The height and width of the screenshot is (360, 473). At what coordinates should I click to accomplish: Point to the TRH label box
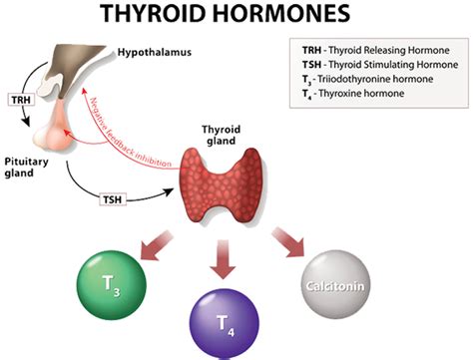21,101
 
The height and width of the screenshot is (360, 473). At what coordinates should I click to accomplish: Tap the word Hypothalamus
156,51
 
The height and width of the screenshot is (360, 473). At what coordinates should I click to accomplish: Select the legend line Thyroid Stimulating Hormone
368,66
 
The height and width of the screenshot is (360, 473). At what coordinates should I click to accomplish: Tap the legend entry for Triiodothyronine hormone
365,81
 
